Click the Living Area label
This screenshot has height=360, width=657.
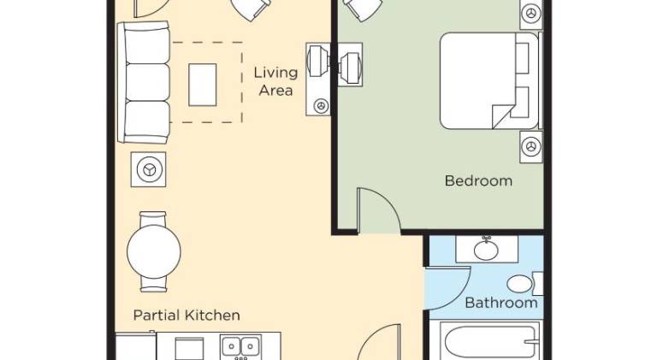[275, 81]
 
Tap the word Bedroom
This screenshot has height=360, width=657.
[478, 180]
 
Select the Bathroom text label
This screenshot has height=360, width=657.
[501, 303]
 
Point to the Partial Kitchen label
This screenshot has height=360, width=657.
[186, 316]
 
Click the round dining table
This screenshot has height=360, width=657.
[154, 251]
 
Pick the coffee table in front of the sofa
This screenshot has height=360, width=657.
[203, 85]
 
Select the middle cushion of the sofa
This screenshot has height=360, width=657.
[147, 82]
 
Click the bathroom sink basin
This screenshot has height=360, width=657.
[486, 250]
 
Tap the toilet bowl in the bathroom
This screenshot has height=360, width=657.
[519, 284]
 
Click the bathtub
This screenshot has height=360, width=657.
[489, 341]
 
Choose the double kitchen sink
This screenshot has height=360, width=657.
[240, 346]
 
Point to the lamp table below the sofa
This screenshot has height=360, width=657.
[148, 169]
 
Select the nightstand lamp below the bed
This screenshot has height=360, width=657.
[531, 147]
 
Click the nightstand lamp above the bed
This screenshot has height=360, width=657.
[531, 14]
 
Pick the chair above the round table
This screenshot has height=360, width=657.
[153, 219]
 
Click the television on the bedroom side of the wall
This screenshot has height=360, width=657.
[350, 64]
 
